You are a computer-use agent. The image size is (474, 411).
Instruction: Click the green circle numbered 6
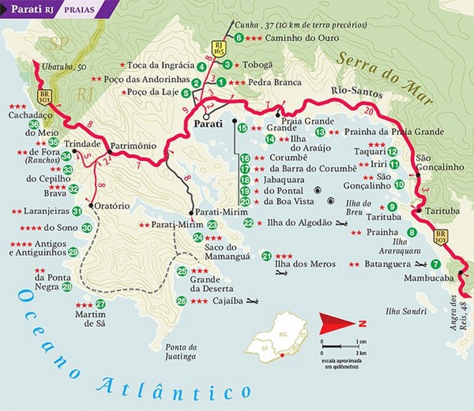(x=238, y=37)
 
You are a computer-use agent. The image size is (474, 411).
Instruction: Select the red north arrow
(x=336, y=322)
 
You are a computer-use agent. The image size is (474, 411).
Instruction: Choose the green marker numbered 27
(x=100, y=304)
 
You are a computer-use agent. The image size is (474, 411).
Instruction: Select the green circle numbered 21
(x=267, y=256)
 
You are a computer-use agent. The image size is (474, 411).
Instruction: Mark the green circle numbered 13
(x=320, y=132)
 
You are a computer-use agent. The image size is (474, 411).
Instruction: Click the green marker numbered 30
(x=87, y=228)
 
